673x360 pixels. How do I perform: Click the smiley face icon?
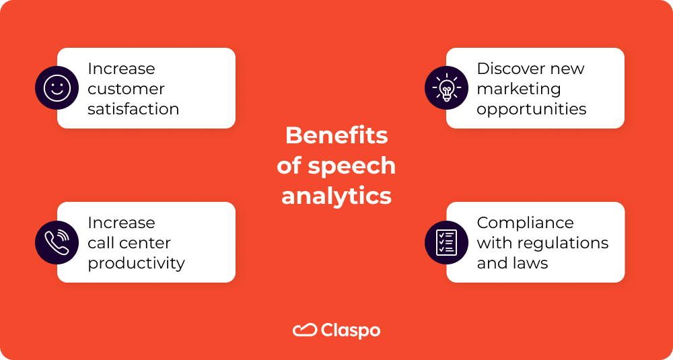pyautogui.click(x=57, y=87)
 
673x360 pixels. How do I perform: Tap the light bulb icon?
pyautogui.click(x=446, y=87)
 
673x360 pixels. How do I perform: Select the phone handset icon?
pyautogui.click(x=57, y=242)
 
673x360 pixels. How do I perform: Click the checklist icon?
pyautogui.click(x=446, y=242)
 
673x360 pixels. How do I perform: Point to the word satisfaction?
pyautogui.click(x=133, y=109)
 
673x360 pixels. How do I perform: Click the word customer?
pyautogui.click(x=126, y=89)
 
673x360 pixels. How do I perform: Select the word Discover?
pyautogui.click(x=510, y=69)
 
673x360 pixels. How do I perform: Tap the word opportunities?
pyautogui.click(x=532, y=110)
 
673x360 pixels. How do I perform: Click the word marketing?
pyautogui.click(x=518, y=89)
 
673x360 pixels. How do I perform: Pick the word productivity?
pyautogui.click(x=136, y=264)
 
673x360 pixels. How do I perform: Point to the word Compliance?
pyautogui.click(x=525, y=223)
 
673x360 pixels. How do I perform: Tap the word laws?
pyautogui.click(x=530, y=263)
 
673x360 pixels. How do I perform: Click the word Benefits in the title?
pyautogui.click(x=336, y=135)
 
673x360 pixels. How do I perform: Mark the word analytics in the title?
pyautogui.click(x=336, y=196)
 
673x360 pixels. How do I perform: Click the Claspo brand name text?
pyautogui.click(x=351, y=330)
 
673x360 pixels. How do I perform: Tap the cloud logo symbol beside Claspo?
pyautogui.click(x=304, y=330)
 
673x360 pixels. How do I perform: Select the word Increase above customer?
pyautogui.click(x=121, y=69)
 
